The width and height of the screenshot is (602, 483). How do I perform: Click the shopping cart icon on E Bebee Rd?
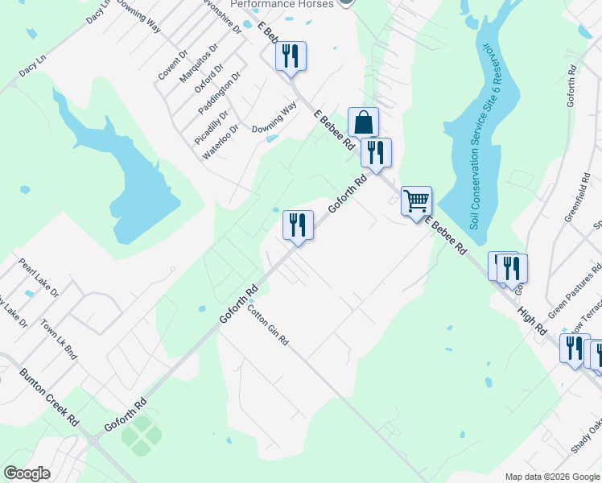(416, 200)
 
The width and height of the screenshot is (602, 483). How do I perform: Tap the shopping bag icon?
(363, 123)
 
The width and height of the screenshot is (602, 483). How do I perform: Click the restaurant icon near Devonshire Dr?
(291, 56)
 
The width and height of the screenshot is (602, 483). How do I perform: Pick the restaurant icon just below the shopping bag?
(376, 152)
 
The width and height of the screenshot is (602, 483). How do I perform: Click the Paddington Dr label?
(219, 95)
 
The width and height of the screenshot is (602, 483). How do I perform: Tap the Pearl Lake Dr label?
(39, 278)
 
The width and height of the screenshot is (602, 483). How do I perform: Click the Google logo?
(27, 473)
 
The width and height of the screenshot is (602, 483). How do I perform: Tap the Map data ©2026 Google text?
(552, 476)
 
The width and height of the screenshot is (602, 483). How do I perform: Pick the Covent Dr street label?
(172, 64)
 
